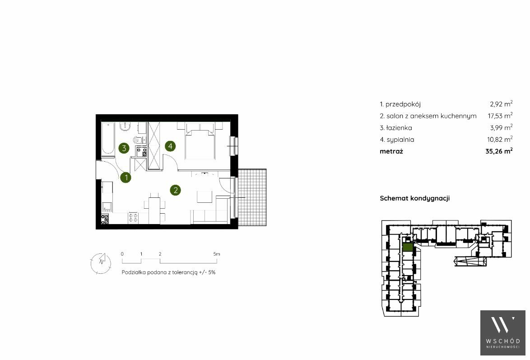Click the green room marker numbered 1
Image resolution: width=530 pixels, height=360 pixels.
[126, 178]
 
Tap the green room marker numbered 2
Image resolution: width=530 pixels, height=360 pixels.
[176, 190]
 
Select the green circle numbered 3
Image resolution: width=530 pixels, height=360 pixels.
[124, 148]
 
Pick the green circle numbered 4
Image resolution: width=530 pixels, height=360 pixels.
[170, 146]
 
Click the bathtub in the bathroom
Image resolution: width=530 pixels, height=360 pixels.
[108, 139]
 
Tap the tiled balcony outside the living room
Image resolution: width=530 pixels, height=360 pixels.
[252, 197]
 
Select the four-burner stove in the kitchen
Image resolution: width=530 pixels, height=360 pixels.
[133, 218]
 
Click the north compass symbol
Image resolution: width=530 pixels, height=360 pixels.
[100, 263]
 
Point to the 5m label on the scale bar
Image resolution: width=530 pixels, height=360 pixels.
[217, 254]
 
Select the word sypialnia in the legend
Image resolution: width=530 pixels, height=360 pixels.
[400, 140]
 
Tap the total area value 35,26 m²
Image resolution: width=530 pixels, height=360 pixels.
[499, 151]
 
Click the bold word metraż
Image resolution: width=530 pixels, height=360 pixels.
[391, 151]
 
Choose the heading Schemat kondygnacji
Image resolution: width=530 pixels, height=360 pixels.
[415, 198]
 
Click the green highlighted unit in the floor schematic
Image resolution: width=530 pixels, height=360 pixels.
[408, 248]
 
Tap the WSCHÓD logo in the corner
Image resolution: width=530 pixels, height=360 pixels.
[502, 333]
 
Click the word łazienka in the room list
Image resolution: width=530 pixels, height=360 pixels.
[399, 128]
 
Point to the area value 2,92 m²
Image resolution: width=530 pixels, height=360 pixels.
[501, 104]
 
